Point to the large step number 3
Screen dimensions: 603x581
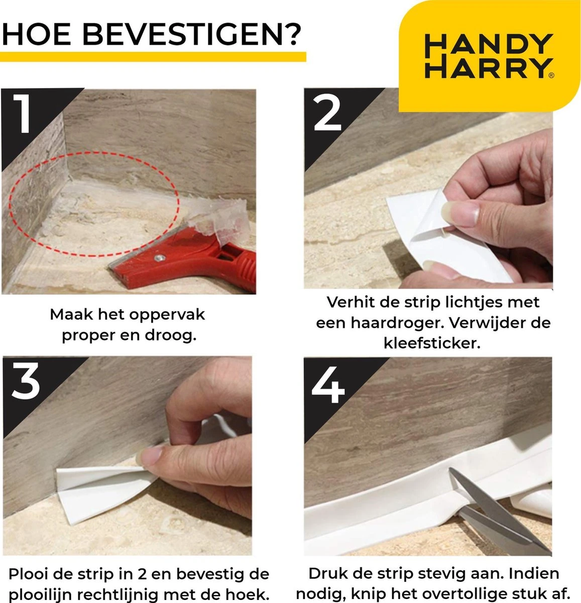point(26,381)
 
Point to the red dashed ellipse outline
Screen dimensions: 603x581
point(93,255)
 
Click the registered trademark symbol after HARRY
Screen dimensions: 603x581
point(551,75)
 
